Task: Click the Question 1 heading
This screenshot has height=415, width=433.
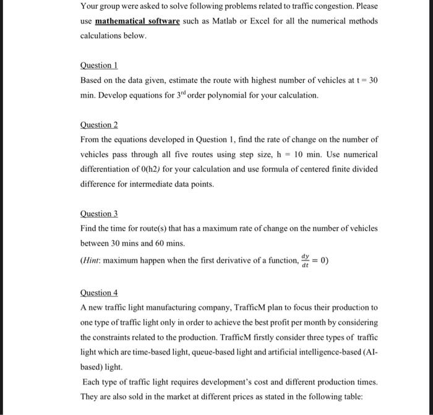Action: point(99,65)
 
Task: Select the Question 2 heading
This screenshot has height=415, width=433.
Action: point(99,124)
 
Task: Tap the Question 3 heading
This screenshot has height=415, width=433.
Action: point(99,213)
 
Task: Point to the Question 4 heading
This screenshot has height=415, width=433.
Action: point(99,293)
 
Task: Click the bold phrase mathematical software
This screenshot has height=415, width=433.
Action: point(137,21)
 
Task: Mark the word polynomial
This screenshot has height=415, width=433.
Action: point(216,95)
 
